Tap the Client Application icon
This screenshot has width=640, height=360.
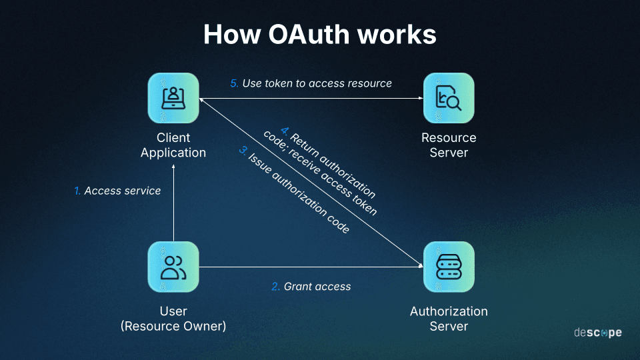tap(173, 98)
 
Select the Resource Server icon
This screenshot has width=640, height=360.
tap(449, 98)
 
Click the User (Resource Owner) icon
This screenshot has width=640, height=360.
tap(173, 267)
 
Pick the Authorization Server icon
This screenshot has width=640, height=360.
tap(449, 267)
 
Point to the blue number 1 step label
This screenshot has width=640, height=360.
tap(77, 191)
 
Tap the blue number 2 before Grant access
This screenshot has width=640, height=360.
tap(275, 287)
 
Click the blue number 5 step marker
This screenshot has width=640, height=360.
tap(234, 84)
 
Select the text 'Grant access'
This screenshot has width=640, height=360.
tap(317, 287)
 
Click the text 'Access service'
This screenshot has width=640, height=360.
tap(123, 191)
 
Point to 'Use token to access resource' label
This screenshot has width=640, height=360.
tap(317, 84)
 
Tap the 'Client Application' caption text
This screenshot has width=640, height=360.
tap(173, 145)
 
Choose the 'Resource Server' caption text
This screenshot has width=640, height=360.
tap(449, 145)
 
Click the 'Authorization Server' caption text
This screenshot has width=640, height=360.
tap(449, 319)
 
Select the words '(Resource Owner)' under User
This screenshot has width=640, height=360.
tap(173, 327)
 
